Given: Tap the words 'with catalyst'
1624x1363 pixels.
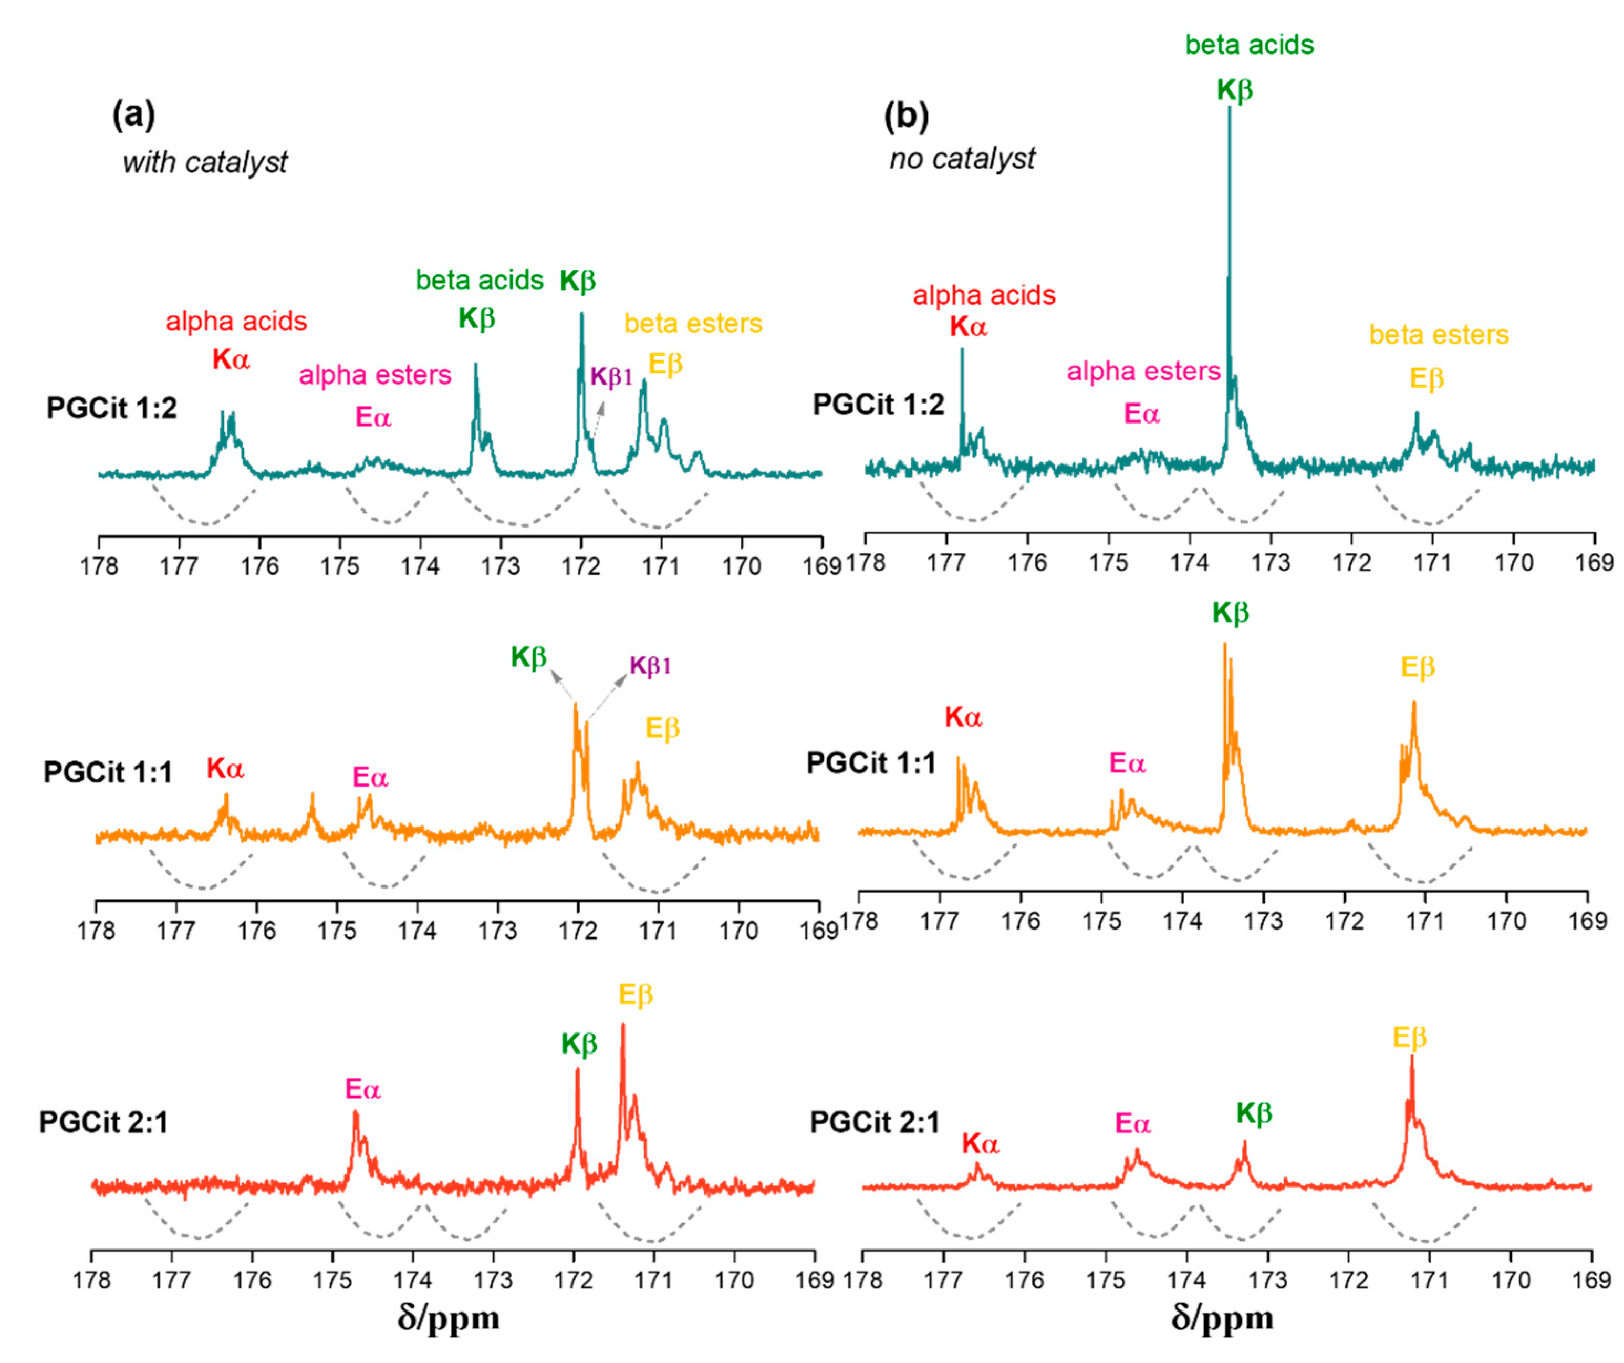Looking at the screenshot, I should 205,162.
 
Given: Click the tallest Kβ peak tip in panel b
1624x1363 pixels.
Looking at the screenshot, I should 1229,108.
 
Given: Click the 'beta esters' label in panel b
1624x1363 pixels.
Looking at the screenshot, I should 1439,334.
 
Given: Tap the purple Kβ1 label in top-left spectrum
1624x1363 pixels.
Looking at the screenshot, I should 611,377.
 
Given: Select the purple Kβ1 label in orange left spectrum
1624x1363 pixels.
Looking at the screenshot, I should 650,665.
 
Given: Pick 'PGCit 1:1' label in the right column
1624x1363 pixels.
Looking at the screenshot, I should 871,763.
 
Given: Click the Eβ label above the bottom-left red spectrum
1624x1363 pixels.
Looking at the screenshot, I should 636,995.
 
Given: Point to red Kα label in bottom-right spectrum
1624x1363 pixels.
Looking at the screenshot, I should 981,1143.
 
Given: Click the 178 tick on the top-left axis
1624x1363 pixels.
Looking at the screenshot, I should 99,566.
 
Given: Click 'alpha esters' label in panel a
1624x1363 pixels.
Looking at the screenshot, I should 375,375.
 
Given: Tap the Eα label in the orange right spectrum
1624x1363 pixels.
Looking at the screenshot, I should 1127,763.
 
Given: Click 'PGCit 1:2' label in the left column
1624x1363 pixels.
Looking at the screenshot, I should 111,408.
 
